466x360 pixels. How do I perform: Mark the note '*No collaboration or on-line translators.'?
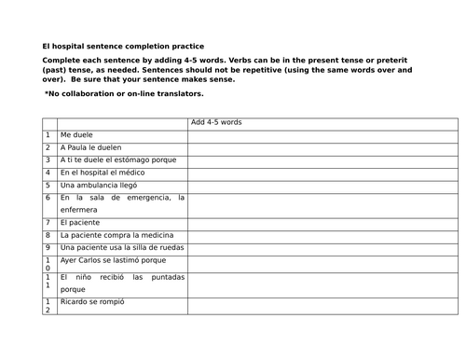point(124,94)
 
